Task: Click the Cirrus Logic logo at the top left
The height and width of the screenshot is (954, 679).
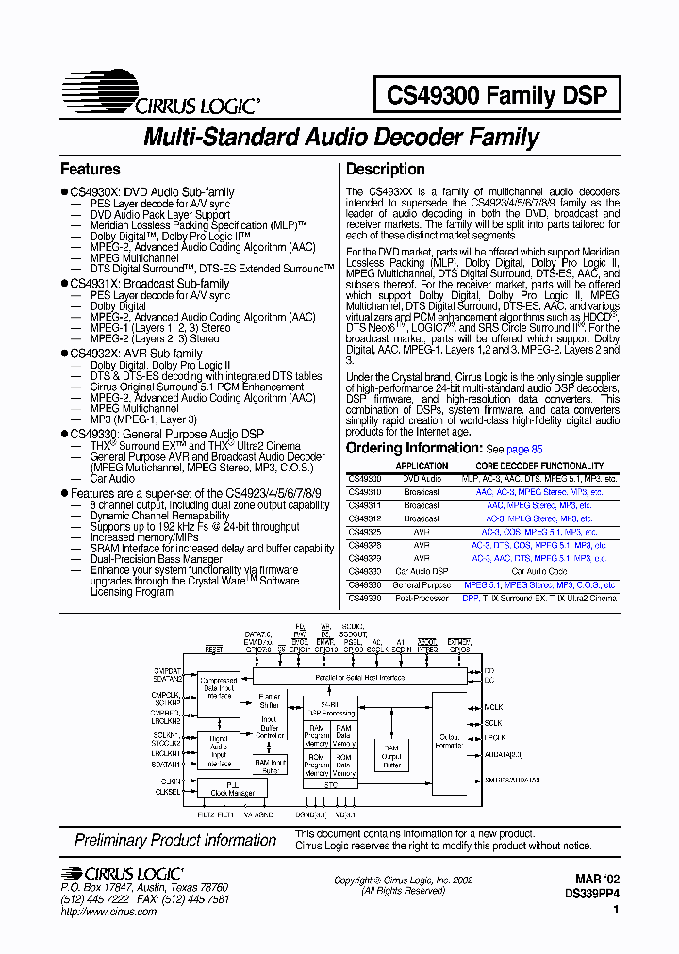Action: pyautogui.click(x=159, y=95)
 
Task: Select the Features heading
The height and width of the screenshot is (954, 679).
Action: pyautogui.click(x=91, y=170)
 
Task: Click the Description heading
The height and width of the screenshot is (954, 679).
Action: pyautogui.click(x=386, y=170)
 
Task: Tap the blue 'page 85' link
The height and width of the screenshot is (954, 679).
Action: pyautogui.click(x=525, y=450)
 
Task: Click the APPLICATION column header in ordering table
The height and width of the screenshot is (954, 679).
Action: pyautogui.click(x=422, y=466)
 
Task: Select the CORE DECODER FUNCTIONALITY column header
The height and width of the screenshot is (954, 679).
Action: pyautogui.click(x=539, y=466)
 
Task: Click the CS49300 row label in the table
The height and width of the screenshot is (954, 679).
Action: pyautogui.click(x=365, y=479)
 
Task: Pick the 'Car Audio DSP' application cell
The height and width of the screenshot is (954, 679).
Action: pyautogui.click(x=422, y=571)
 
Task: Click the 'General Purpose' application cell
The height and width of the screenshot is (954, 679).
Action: pyautogui.click(x=422, y=584)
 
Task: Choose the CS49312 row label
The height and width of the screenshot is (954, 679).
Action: pyautogui.click(x=365, y=518)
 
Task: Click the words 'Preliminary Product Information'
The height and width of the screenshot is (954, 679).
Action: pyautogui.click(x=175, y=840)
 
